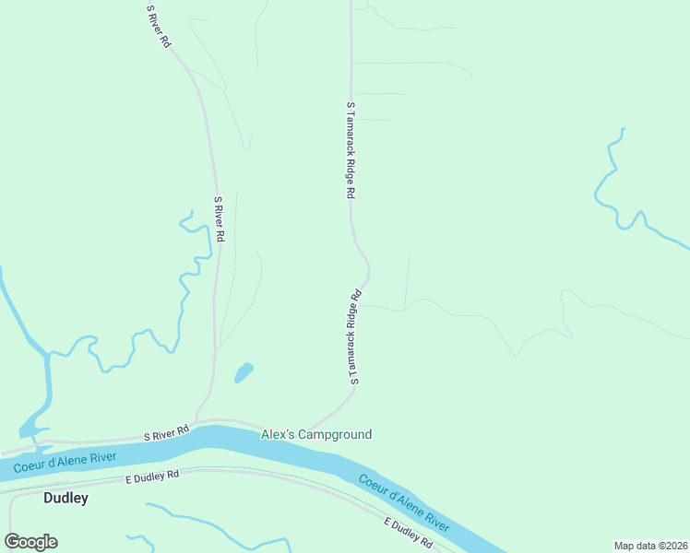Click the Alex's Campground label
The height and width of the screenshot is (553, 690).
(316, 434)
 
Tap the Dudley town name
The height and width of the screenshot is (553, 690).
(66, 499)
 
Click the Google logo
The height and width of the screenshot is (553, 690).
(30, 542)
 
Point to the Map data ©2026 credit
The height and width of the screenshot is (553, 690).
(650, 545)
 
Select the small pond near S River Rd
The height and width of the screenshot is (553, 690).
(244, 372)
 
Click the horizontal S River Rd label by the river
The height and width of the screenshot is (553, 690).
(166, 430)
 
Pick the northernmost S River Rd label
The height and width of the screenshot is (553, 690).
(159, 27)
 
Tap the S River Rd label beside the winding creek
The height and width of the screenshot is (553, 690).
(220, 219)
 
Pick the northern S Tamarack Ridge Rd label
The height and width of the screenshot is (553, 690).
(351, 150)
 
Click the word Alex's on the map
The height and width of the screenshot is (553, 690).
(276, 434)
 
